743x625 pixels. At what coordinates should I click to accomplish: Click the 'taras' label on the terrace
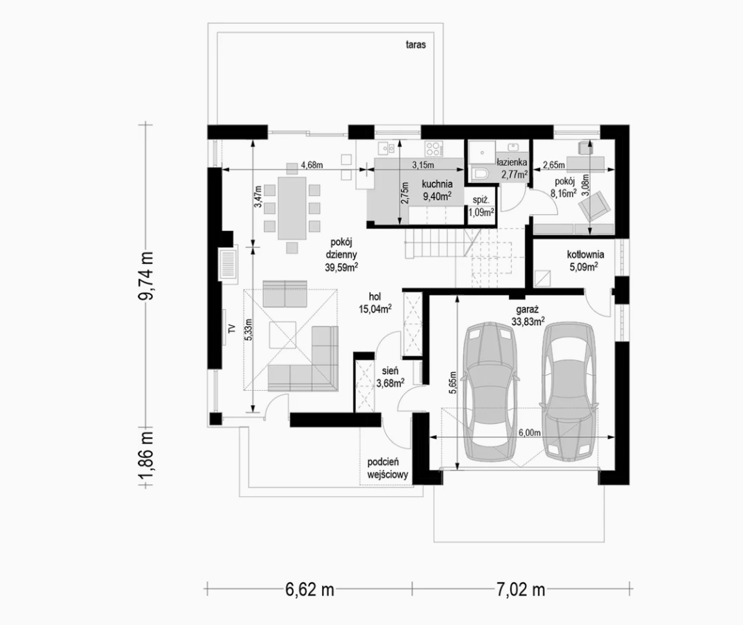[415, 45]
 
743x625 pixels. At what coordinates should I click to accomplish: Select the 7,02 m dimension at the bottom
[521, 590]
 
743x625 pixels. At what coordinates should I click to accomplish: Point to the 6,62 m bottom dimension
[310, 590]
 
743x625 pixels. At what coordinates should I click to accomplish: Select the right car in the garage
[569, 391]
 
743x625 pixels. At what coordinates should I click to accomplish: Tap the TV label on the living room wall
[232, 328]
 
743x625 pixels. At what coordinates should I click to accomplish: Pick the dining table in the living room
[292, 208]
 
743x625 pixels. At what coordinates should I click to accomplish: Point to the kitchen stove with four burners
[433, 149]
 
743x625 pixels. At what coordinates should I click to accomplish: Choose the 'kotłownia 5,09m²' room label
[585, 261]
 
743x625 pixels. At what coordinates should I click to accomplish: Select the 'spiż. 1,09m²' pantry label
[481, 206]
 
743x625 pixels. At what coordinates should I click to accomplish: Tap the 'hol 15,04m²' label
[375, 303]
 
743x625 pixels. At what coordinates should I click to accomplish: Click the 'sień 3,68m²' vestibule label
[390, 377]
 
